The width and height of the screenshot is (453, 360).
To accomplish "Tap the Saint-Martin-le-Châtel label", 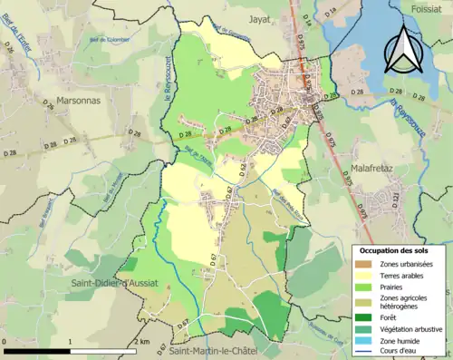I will (x=215, y=351).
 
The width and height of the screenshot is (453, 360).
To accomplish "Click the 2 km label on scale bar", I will (x=141, y=341).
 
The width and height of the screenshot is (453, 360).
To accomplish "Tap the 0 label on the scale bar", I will (x=5, y=341).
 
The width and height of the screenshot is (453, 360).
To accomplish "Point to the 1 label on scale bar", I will (x=71, y=341).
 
